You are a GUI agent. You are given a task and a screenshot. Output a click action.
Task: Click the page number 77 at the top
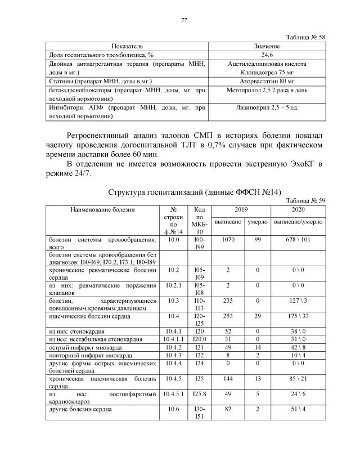[183, 21]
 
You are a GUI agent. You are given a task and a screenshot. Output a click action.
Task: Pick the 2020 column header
[298, 209]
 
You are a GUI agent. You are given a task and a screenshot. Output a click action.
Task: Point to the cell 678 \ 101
[298, 240]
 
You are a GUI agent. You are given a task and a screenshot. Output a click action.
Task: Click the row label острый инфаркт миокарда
[84, 348]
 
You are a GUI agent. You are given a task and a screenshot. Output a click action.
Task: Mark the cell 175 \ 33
[298, 317]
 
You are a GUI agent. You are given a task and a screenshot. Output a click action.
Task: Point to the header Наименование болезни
[102, 210]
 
